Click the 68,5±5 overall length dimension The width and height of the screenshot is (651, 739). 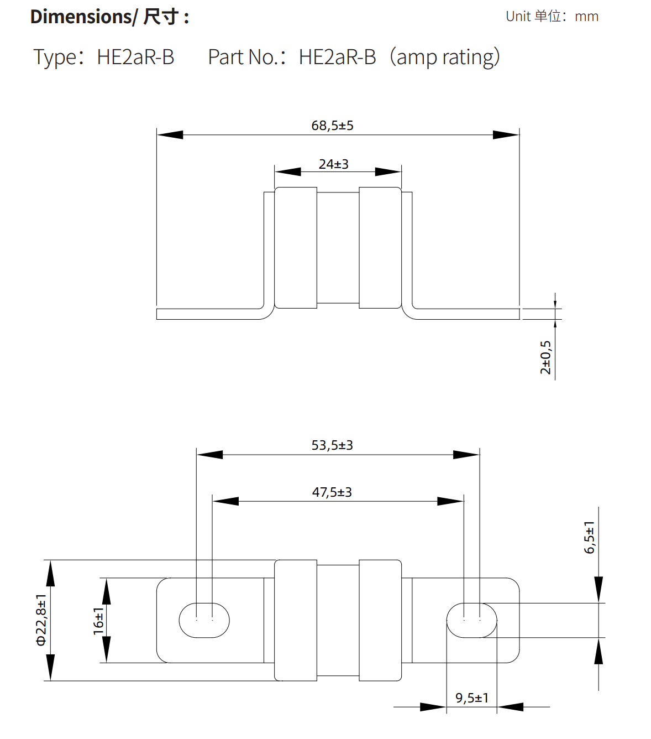coord(332,126)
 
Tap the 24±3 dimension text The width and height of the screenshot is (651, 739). coord(333,164)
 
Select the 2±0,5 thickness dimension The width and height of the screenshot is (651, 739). coord(545,357)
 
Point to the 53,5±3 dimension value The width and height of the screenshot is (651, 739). coord(332,445)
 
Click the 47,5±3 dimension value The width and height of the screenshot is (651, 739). coord(332,492)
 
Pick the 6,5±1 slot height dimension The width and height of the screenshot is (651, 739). coord(590,537)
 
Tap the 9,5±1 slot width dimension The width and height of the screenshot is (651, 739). coord(472,698)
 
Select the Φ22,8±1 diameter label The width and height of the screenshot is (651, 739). coord(41,620)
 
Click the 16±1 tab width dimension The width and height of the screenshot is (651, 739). coord(98,621)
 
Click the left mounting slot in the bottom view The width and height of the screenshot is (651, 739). coord(204,620)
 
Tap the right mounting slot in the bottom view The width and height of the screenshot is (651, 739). coord(471,620)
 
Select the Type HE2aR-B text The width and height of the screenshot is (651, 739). coord(104,57)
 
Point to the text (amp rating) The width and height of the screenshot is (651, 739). coord(444,57)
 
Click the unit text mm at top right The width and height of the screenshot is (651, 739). coord(586,17)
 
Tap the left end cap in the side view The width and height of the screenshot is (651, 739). coord(296,247)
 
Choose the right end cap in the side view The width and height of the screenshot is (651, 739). coord(380,247)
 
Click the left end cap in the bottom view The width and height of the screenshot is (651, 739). coord(296,620)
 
